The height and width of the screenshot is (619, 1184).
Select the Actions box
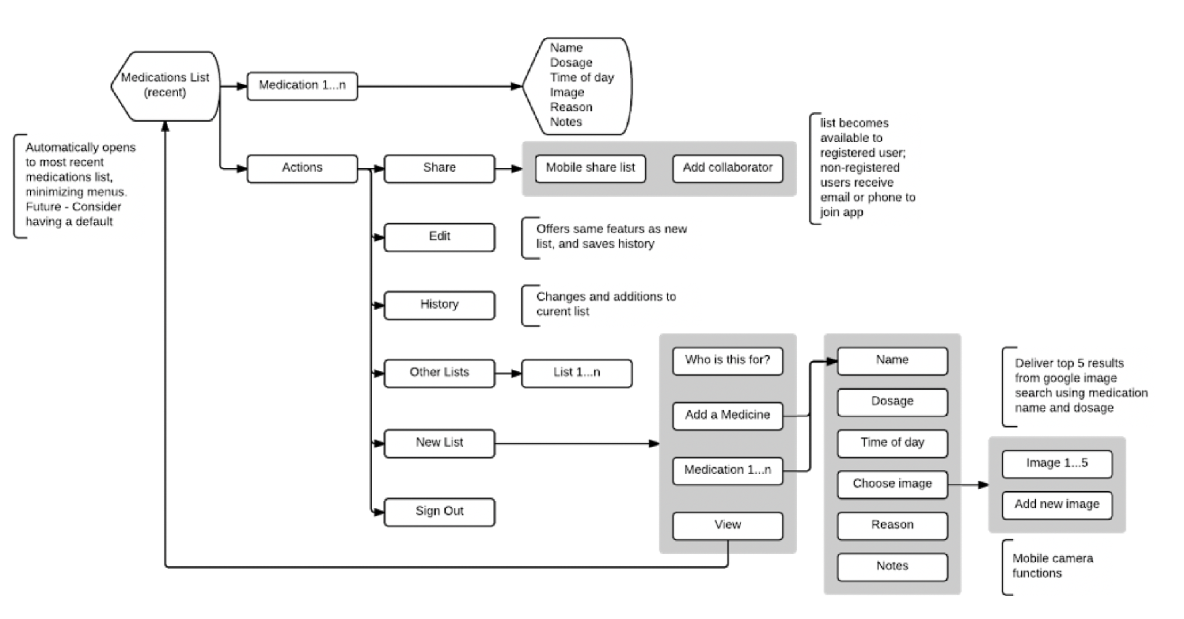click(302, 168)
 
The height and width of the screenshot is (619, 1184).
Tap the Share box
click(440, 168)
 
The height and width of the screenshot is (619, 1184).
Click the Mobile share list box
click(590, 168)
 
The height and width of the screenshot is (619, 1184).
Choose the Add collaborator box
click(728, 168)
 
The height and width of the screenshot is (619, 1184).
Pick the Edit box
click(440, 237)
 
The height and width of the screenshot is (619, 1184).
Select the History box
click(440, 305)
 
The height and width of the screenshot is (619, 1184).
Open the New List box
click(440, 443)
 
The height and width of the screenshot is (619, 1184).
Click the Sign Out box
click(440, 512)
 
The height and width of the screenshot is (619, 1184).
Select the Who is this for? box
click(728, 360)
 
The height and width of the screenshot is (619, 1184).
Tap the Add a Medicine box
click(728, 415)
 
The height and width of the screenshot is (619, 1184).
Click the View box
click(728, 525)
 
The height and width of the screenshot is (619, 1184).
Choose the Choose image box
click(892, 484)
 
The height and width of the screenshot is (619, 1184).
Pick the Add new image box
click(1057, 505)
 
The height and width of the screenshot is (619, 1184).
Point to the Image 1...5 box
click(1057, 463)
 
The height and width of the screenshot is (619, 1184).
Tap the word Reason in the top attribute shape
click(571, 107)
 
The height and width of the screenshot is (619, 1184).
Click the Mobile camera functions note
click(1052, 566)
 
